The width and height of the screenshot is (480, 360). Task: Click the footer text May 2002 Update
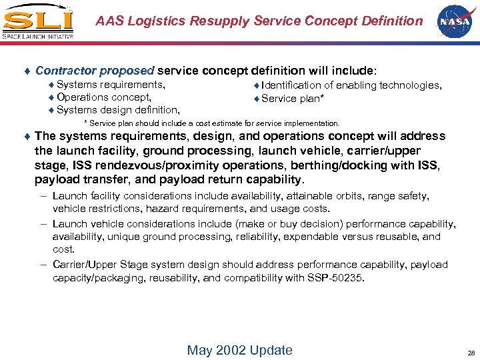pos(240,350)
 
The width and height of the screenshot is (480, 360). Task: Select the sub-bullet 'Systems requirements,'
pos(111,85)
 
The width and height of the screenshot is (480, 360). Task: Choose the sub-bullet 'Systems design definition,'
pos(117,110)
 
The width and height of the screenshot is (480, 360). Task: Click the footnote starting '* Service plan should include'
pos(211,123)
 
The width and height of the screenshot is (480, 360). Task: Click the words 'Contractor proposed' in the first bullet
pos(95,70)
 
